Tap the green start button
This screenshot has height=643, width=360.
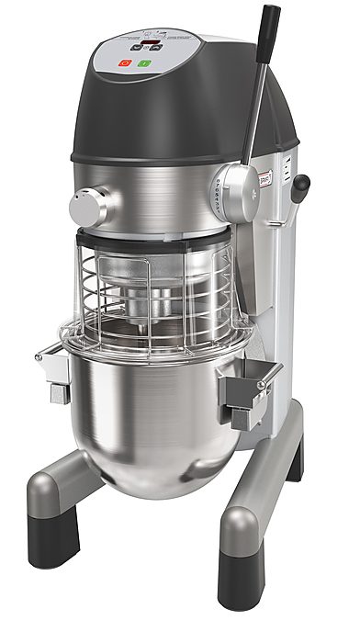coord(143,63)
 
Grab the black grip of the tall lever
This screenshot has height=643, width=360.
coord(269,25)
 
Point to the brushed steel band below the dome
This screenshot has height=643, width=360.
coord(165,197)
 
